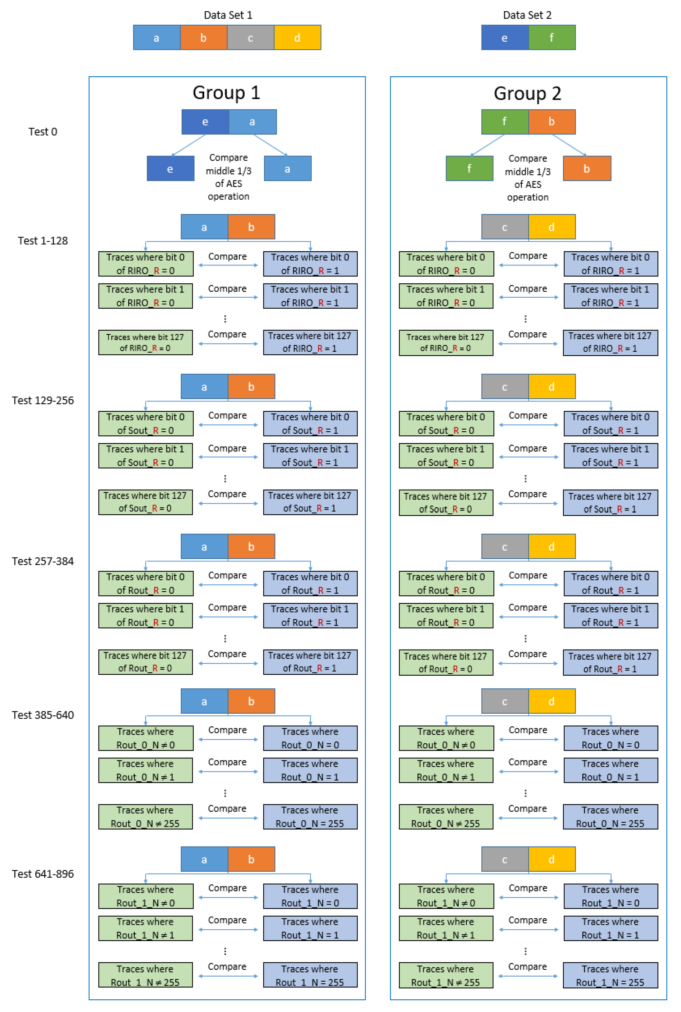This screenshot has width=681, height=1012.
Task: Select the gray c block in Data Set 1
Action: (250, 38)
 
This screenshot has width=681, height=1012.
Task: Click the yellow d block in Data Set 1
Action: (297, 38)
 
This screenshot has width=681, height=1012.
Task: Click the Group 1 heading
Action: (226, 93)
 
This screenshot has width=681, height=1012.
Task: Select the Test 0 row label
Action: (43, 132)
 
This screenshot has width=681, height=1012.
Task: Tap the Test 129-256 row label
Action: (43, 400)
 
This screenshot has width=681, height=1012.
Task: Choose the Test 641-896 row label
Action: (43, 874)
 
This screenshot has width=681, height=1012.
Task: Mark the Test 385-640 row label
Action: (43, 715)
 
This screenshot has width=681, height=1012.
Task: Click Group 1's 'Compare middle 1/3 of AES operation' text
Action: (228, 177)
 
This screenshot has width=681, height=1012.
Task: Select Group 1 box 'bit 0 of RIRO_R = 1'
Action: (310, 264)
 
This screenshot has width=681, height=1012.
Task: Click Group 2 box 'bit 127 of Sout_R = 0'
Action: (446, 503)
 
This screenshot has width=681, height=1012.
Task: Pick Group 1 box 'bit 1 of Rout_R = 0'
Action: (146, 615)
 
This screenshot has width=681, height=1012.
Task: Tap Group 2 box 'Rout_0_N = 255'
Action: (610, 817)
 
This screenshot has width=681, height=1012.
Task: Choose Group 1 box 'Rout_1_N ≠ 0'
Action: (146, 896)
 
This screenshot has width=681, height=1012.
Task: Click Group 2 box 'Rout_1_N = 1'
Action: (610, 928)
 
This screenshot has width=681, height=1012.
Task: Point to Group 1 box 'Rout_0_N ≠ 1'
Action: (146, 770)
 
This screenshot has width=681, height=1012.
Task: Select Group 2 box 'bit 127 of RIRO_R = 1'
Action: (610, 342)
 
